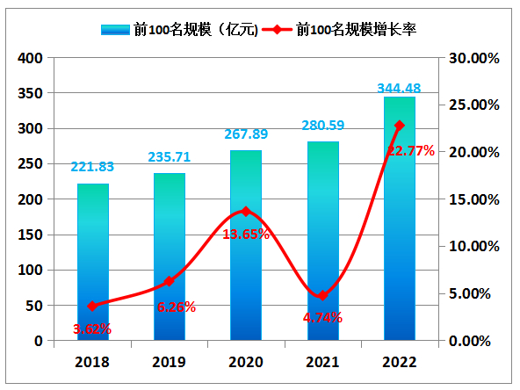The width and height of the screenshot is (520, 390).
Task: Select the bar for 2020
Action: pos(246,245)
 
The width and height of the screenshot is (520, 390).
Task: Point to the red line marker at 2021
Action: pos(322,295)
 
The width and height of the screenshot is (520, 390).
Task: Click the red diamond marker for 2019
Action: pos(170,281)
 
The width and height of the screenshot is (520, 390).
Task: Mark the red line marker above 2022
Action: pos(400,126)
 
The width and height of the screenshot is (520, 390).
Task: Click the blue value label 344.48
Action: pos(400,87)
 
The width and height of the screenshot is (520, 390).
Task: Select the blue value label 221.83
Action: pos(93,167)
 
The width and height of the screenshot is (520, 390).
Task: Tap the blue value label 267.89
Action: pos(245,134)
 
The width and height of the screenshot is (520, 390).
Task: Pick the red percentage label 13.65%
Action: pos(245,234)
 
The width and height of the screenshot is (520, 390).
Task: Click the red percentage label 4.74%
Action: pos(322,317)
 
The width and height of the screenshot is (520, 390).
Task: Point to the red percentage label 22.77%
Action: pos(410,151)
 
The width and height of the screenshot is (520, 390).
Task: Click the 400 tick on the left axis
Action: pos(32,58)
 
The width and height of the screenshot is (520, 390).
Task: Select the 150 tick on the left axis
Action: pos(32,235)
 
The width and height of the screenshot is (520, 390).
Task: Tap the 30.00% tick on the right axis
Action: pos(473,58)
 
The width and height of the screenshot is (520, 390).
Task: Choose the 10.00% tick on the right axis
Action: pos(473,246)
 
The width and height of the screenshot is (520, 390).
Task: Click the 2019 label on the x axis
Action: pos(170,360)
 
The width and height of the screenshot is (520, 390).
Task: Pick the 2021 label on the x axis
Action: pos(322,360)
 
